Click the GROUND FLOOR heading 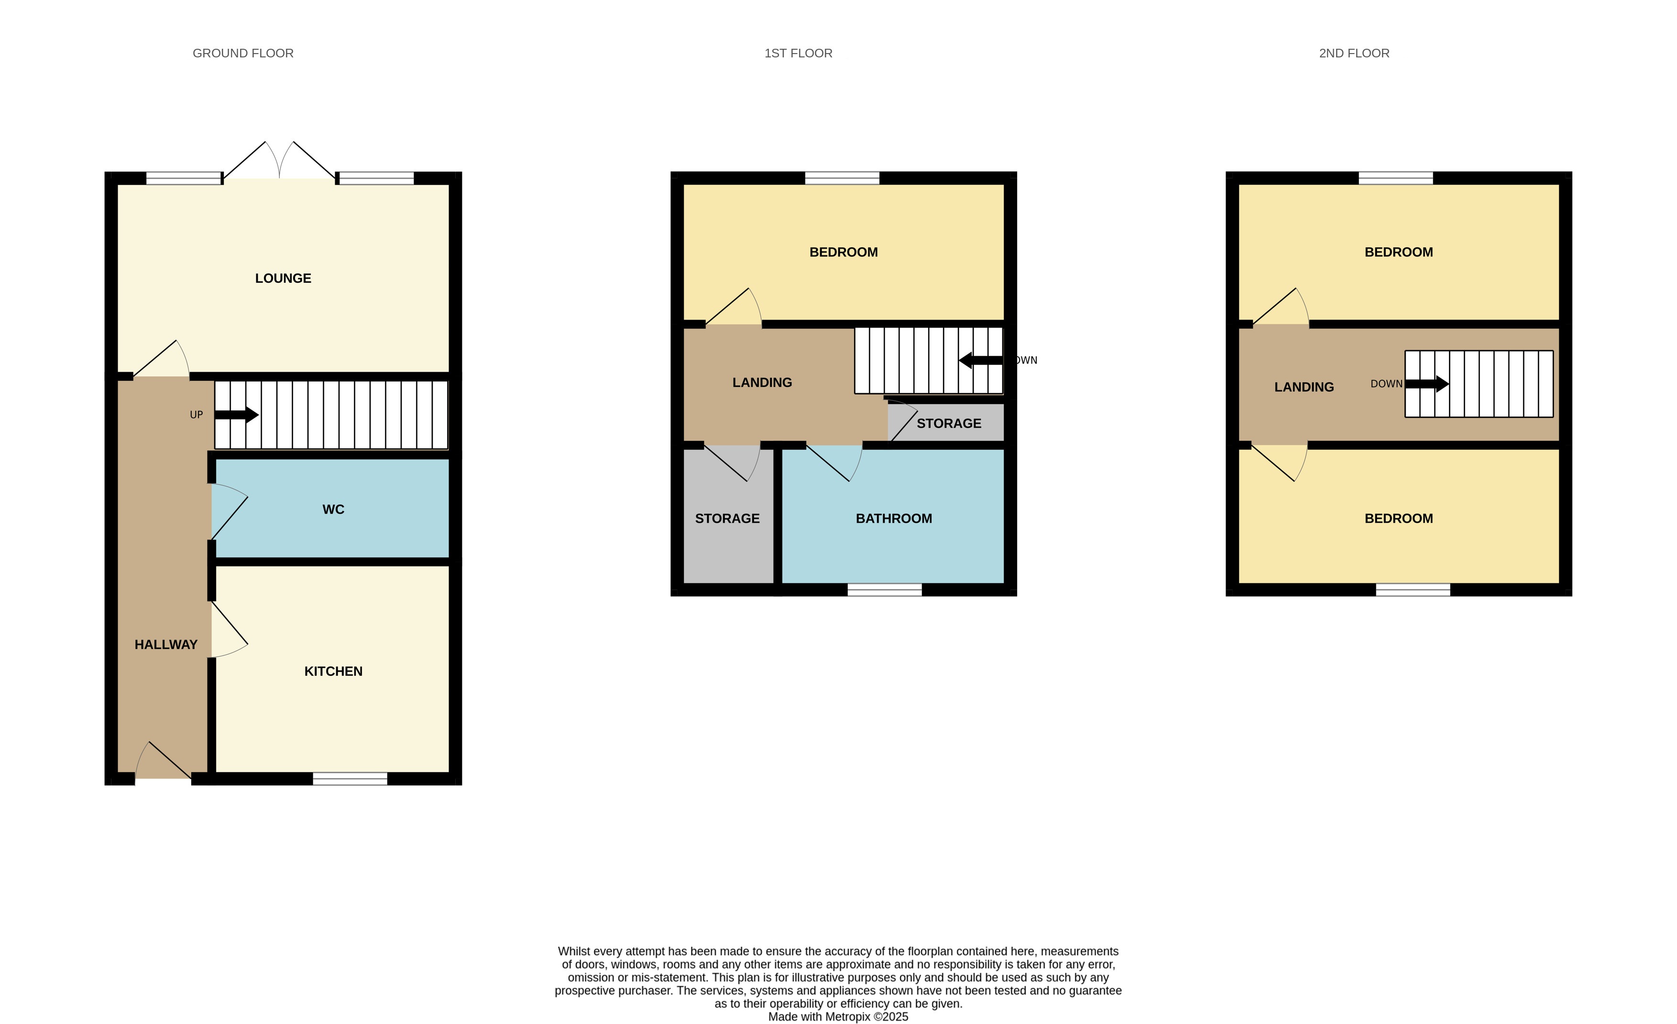[x=243, y=53]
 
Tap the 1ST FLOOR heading [x=799, y=53]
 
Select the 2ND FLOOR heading [x=1354, y=53]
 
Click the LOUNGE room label [x=283, y=278]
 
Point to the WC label [x=333, y=509]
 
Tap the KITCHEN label [x=333, y=672]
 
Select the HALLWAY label [x=166, y=645]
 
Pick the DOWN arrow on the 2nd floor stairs [x=1426, y=384]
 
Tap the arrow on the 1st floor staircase [x=981, y=360]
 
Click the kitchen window [x=350, y=779]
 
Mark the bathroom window [x=884, y=590]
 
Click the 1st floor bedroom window [x=842, y=178]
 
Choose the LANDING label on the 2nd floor [x=1304, y=387]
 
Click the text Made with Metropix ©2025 [x=838, y=1016]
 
